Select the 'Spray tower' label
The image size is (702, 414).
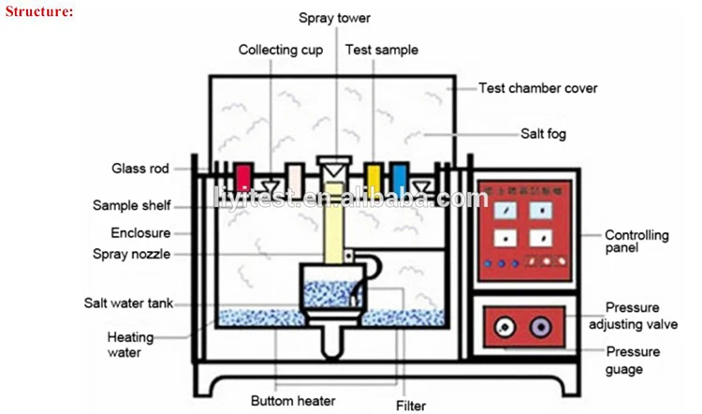(x=334, y=18)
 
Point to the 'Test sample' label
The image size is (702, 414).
(x=381, y=50)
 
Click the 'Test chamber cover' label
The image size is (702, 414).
(x=537, y=89)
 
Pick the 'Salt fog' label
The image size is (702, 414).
(x=543, y=133)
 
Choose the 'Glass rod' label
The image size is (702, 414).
(x=138, y=169)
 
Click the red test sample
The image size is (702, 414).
(x=243, y=176)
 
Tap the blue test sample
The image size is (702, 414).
(x=399, y=176)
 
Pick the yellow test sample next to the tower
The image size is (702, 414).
(x=373, y=176)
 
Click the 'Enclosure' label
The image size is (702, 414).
(x=139, y=231)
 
